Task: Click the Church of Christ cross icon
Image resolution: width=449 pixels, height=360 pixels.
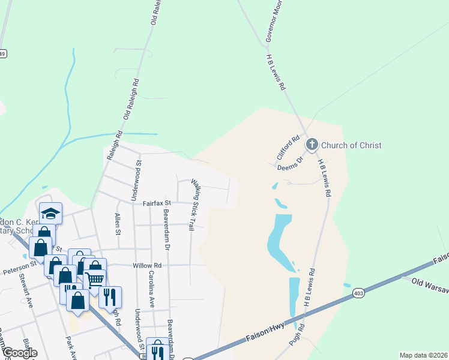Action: [312, 145]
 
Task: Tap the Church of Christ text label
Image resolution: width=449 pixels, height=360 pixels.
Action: [351, 145]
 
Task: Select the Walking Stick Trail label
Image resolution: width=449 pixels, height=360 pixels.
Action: [193, 205]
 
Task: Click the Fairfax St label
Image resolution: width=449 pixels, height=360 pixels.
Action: [157, 203]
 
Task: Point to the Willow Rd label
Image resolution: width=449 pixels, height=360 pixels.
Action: [149, 265]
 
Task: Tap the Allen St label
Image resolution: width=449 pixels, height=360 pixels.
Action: [118, 223]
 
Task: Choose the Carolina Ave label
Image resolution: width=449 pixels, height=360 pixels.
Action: [152, 289]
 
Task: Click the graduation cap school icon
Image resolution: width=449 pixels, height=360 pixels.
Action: [51, 213]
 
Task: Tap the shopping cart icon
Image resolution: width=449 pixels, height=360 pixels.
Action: [94, 280]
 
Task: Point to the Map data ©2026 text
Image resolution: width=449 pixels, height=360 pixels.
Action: [423, 355]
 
